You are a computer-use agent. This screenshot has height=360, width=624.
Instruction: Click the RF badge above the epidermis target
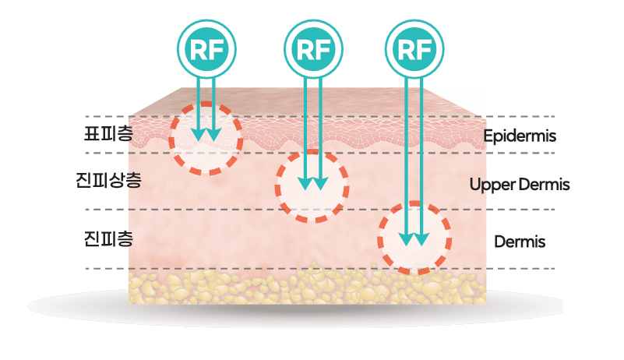coord(206,49)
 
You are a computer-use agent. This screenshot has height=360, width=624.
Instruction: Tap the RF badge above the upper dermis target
coord(312,49)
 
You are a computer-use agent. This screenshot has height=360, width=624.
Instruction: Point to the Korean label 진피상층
coord(104,183)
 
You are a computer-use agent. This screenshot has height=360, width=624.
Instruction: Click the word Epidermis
coord(519,136)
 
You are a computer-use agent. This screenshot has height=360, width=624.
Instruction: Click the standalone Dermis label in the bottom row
coord(520,242)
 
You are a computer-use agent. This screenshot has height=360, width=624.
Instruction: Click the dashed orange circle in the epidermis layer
coord(206,138)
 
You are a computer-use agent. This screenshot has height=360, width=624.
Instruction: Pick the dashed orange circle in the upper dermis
coord(312,185)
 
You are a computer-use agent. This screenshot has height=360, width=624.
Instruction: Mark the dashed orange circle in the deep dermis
coord(414,238)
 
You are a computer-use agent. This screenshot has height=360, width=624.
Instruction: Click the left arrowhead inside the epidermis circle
coord(199,135)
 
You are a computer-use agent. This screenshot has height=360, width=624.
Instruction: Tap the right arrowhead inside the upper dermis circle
coord(319,185)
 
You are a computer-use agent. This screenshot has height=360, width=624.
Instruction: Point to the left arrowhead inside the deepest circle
coord(406,239)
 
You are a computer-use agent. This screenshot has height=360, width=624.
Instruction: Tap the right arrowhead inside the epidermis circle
coord(214,135)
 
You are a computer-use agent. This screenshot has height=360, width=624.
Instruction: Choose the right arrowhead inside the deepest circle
coord(421,239)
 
